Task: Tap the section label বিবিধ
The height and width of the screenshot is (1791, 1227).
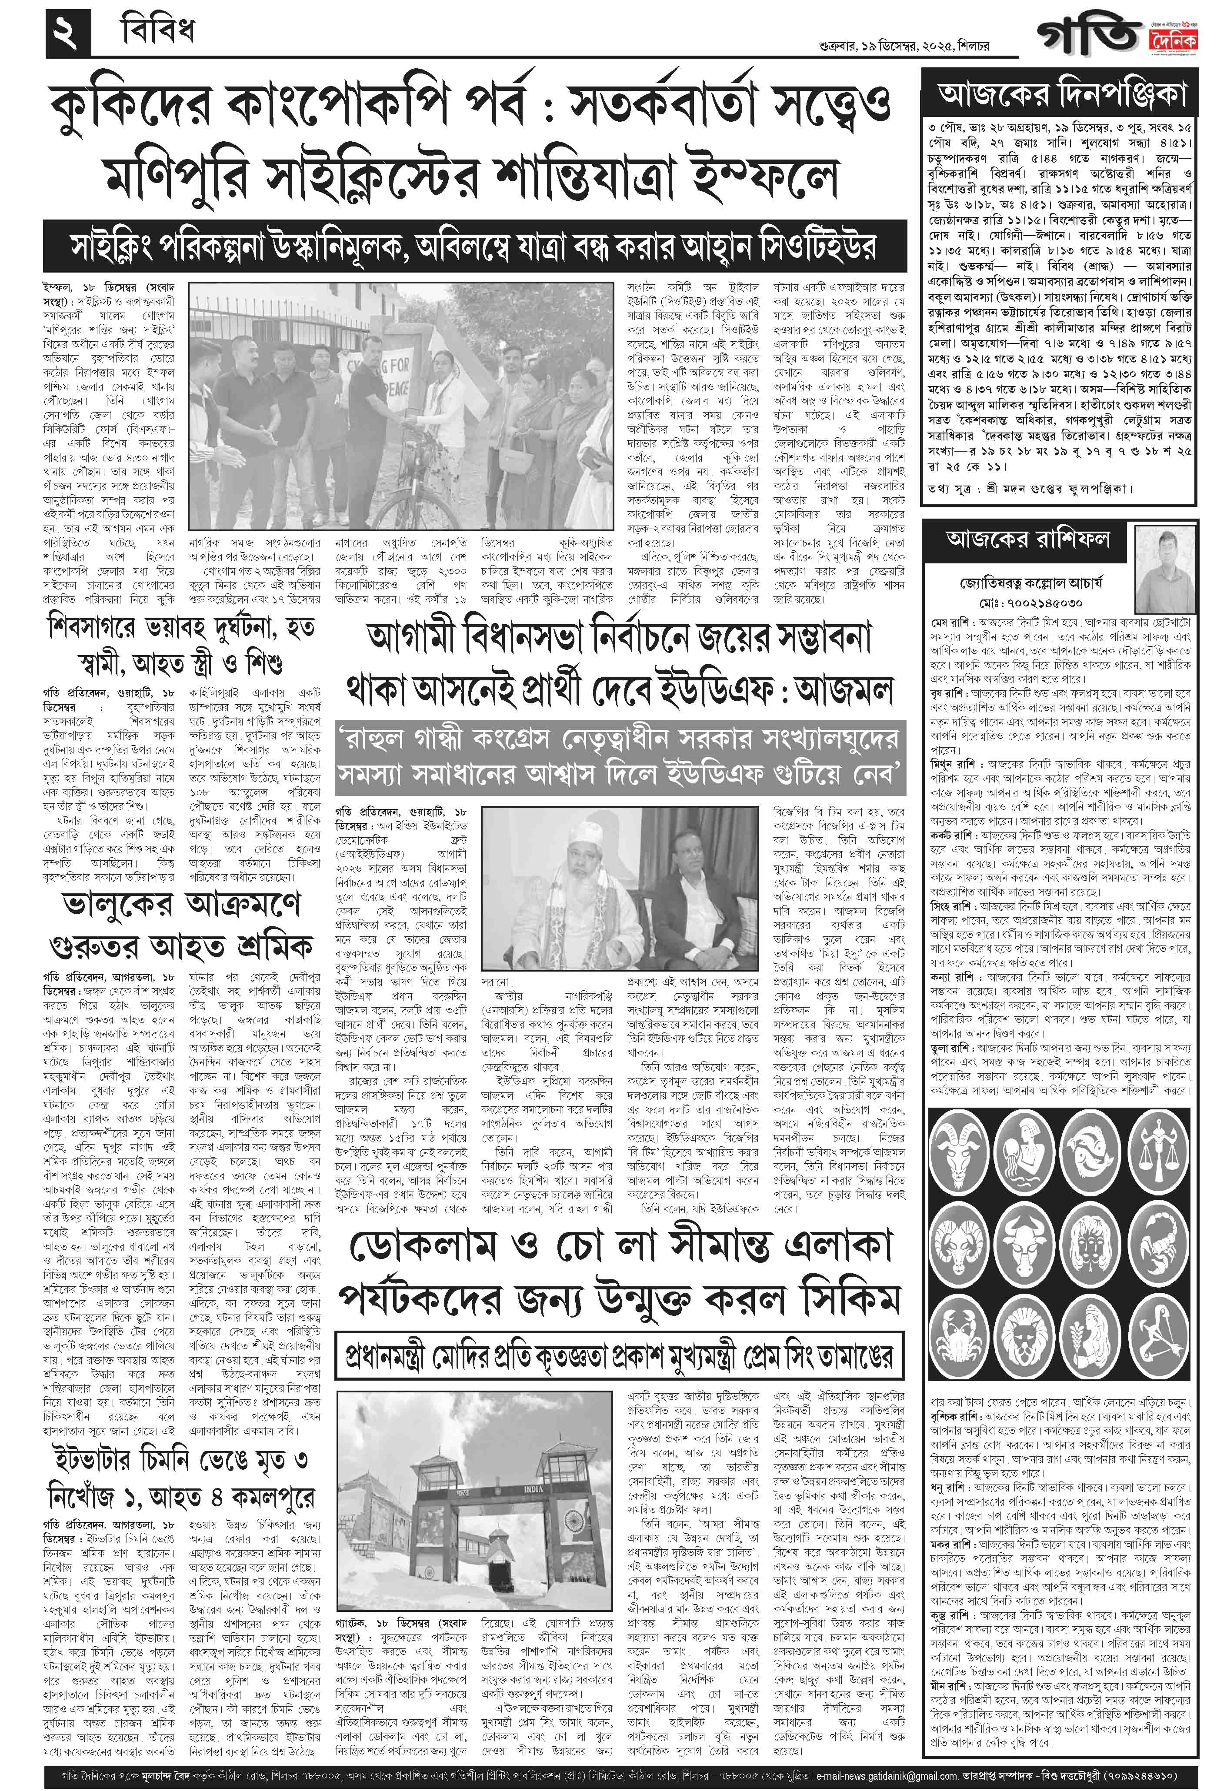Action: coord(158,32)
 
